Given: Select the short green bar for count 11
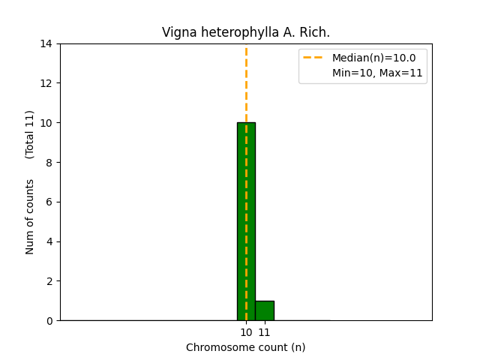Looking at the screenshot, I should pos(264,310).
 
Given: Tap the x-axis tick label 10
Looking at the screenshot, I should pos(246,332).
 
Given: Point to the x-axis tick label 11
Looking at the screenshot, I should pos(264,332).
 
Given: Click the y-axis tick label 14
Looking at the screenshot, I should pos(47,43).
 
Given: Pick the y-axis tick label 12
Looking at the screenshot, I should pos(47,83).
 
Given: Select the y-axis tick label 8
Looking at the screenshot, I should pos(49,162).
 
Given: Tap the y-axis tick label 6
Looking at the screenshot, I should pos(49,202).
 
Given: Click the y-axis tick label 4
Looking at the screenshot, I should pos(49,241).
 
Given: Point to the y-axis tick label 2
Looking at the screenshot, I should pos(49,281).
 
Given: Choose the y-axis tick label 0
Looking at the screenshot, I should pos(49,321).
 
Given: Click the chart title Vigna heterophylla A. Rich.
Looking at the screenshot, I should pos(246,33).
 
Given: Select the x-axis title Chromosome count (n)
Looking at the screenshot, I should pos(246,347).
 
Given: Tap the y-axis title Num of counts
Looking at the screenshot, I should pos(30,217).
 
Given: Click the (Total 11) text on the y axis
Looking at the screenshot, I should pos(30,134).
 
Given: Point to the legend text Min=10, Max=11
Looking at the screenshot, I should pos(377,73).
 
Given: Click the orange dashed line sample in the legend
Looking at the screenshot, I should pos(314,58).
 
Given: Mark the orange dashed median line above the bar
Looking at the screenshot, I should pos(246,82).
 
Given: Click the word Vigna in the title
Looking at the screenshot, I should pos(178,33).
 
